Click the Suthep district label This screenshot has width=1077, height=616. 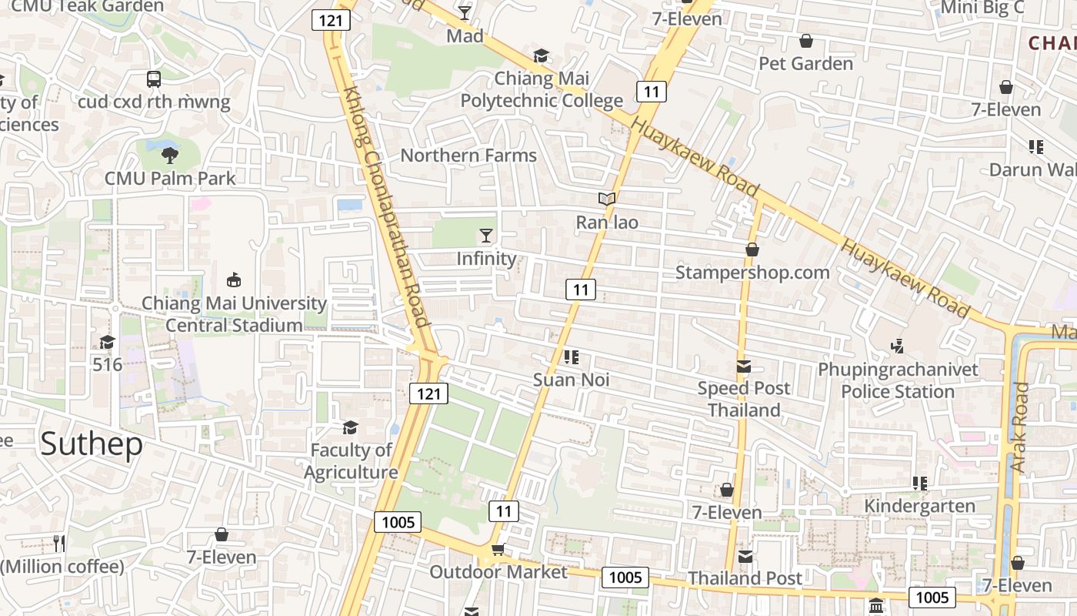click(x=92, y=444)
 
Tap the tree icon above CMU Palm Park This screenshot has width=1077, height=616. click(x=169, y=156)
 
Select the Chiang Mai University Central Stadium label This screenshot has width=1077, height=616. click(x=234, y=314)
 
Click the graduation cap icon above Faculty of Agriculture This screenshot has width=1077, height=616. click(x=351, y=427)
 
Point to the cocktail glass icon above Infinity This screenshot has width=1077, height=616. click(x=486, y=235)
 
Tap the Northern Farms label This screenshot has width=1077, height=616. click(x=468, y=156)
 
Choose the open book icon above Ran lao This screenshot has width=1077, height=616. click(x=608, y=199)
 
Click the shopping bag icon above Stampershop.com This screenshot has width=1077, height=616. click(x=752, y=249)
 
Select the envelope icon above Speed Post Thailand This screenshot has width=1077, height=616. click(x=744, y=367)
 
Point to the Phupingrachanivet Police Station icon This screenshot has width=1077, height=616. click(x=897, y=347)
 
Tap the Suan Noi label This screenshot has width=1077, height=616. click(x=572, y=380)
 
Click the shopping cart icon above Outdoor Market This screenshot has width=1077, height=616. click(x=498, y=550)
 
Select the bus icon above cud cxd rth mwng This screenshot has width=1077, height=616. click(x=154, y=79)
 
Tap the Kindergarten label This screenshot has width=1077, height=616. click(x=920, y=506)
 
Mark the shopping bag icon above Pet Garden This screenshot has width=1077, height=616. click(x=806, y=41)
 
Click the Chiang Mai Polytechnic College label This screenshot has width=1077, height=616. click(x=542, y=89)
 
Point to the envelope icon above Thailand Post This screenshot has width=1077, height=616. click(x=745, y=556)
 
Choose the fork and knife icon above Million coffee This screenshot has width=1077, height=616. click(x=59, y=544)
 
